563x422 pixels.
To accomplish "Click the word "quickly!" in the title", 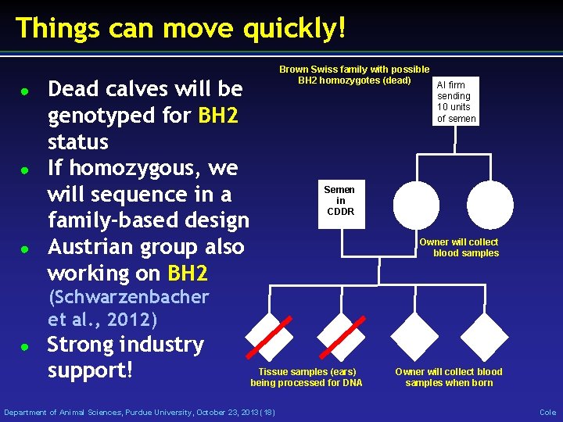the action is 294,28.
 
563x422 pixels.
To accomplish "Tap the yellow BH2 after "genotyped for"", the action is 218,116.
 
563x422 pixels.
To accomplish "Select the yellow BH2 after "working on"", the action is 188,274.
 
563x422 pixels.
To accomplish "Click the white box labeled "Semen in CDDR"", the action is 339,201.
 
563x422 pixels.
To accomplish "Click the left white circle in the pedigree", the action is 416,206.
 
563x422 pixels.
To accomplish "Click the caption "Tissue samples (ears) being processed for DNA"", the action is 307,377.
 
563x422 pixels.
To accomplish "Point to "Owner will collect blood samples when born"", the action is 449,377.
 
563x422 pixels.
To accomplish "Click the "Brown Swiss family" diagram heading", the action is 354,75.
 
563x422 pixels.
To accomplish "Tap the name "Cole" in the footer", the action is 547,412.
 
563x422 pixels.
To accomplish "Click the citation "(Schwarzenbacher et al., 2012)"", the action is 128,309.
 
